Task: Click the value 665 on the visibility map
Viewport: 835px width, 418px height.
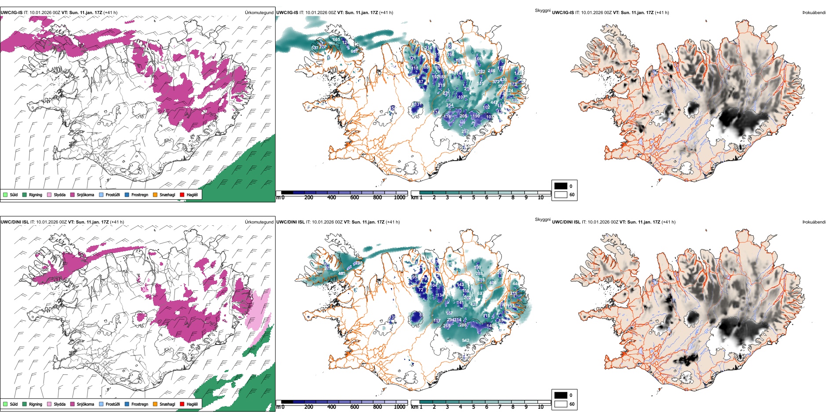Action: click(336, 40)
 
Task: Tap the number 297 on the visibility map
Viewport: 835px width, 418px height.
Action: click(465, 132)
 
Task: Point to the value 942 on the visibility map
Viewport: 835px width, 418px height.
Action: click(465, 341)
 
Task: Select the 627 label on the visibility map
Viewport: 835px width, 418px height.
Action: click(481, 293)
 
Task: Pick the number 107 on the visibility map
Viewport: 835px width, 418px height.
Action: click(461, 97)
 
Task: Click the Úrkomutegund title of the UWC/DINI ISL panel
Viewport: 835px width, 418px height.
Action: click(259, 222)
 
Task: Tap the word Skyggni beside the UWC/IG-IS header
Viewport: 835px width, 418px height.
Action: click(542, 10)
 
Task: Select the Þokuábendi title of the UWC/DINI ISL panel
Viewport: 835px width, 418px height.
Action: click(814, 222)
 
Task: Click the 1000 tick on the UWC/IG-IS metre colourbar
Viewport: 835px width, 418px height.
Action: click(399, 198)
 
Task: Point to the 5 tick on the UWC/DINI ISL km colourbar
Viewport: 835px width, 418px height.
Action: click(473, 407)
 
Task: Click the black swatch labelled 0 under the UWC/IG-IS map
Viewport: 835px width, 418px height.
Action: click(561, 186)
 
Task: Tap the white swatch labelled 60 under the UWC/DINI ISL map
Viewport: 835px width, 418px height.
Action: click(561, 404)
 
